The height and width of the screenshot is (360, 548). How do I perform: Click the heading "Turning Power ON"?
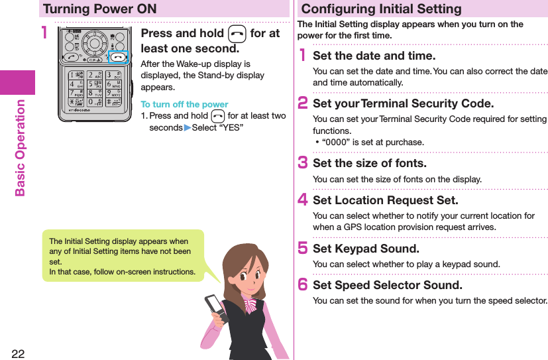tap(99, 9)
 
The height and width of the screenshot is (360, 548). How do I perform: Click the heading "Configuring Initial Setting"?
tap(381, 9)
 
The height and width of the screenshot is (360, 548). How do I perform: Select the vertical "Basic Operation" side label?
tap(20, 148)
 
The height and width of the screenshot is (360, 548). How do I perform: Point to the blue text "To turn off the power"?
tap(184, 104)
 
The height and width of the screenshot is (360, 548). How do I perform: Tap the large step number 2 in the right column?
tap(303, 103)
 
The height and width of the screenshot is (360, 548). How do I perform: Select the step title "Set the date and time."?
tap(374, 56)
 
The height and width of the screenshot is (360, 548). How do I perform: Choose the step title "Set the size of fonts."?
tap(369, 163)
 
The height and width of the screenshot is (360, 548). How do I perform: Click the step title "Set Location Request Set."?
tap(385, 200)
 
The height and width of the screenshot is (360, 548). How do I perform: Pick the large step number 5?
tap(303, 249)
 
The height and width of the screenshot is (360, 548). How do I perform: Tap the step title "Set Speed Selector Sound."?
tap(388, 285)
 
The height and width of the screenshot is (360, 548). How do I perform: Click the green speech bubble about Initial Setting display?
tap(123, 255)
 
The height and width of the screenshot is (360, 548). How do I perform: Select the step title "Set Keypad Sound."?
tap(366, 249)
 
